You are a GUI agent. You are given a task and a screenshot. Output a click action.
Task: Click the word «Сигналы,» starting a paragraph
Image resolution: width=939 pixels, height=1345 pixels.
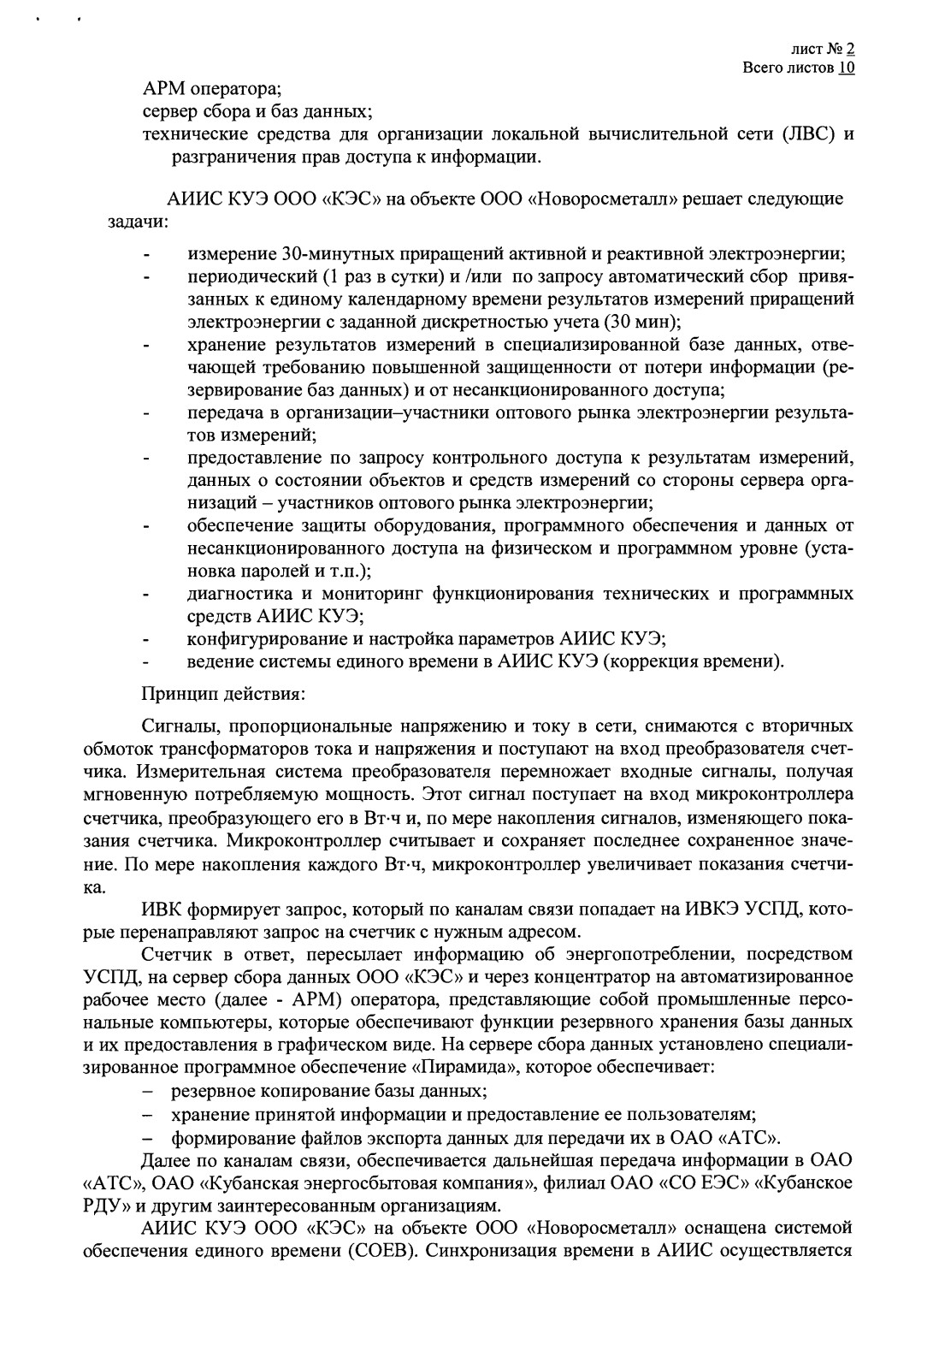click(182, 727)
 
